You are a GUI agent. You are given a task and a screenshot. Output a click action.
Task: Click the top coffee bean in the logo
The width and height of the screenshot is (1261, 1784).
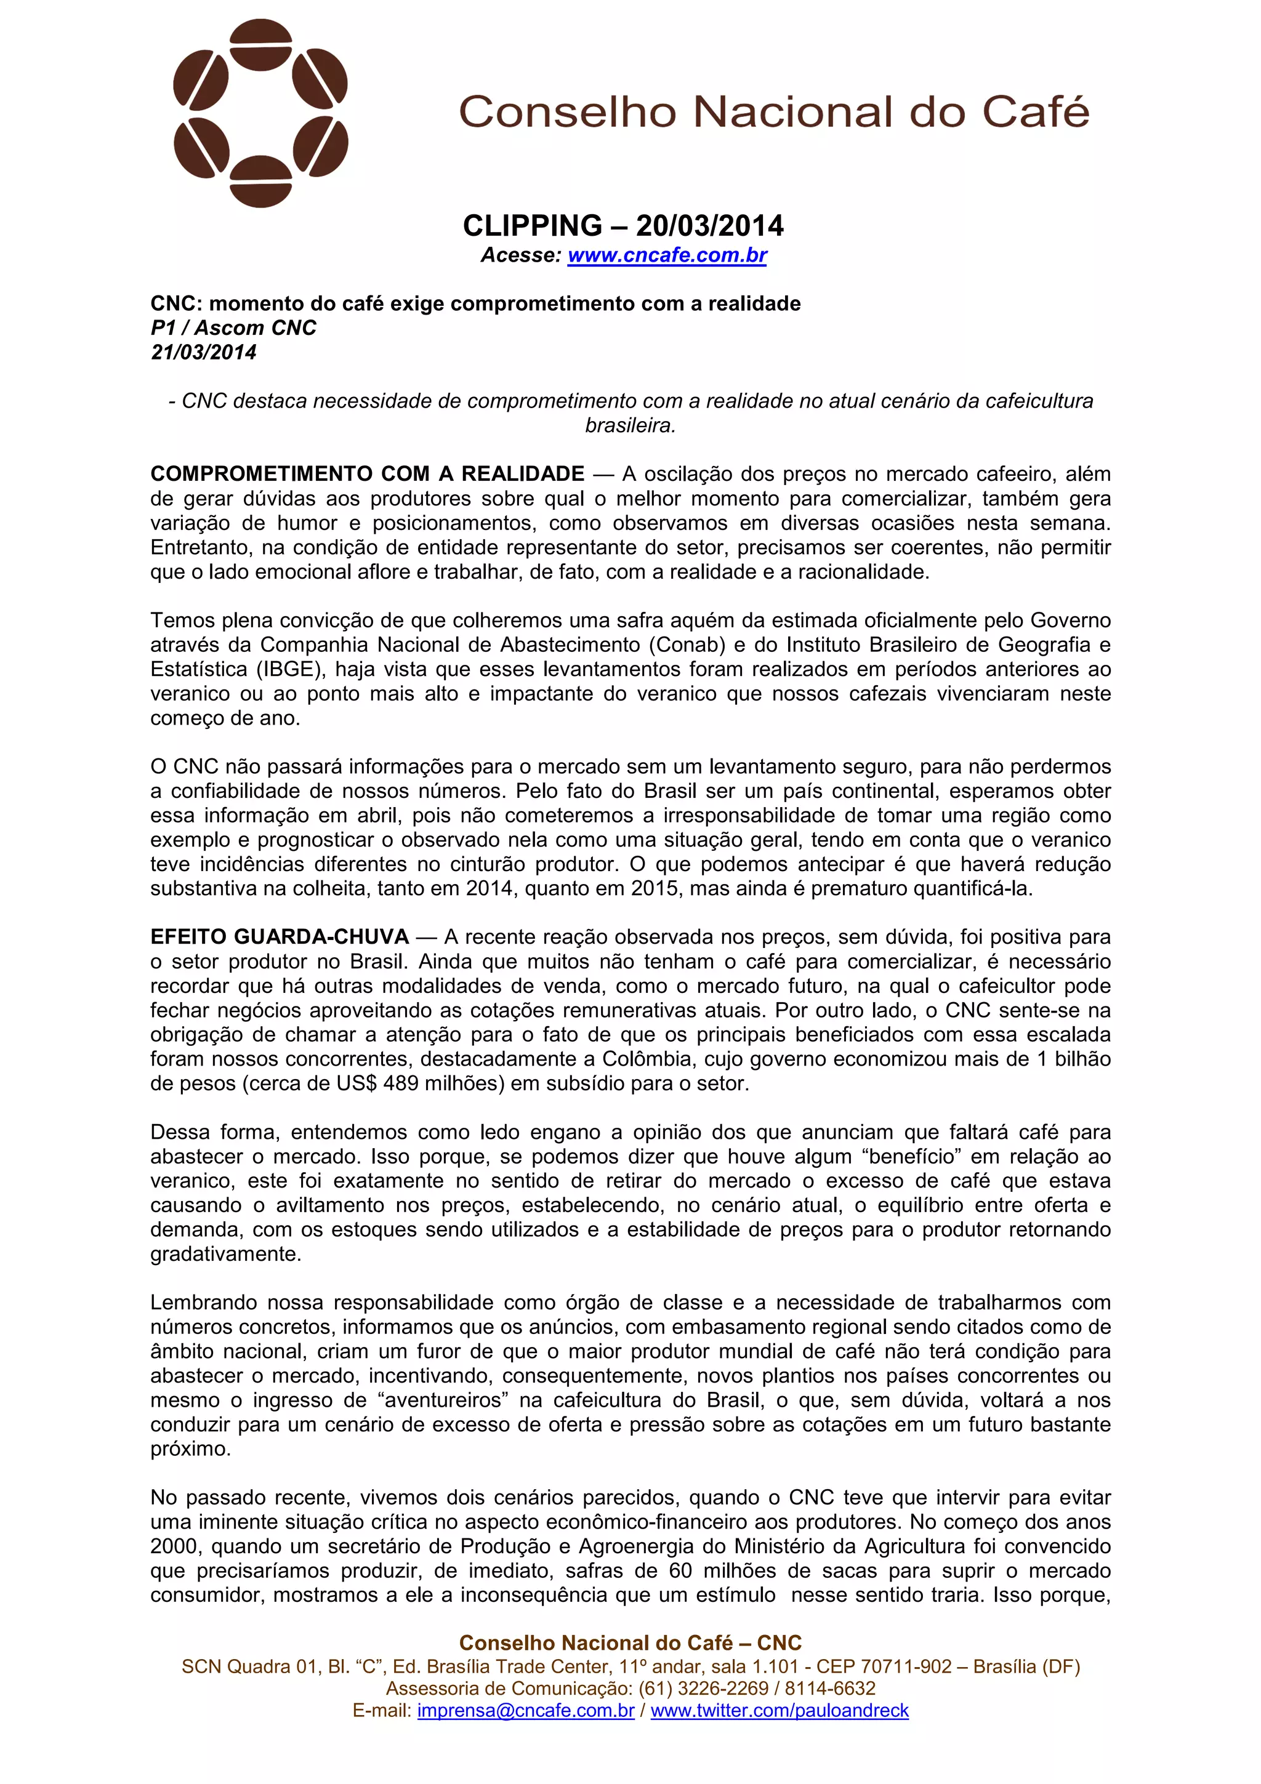coord(261,44)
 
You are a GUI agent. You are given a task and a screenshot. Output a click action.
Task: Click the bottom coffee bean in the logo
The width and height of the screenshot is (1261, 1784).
coord(261,182)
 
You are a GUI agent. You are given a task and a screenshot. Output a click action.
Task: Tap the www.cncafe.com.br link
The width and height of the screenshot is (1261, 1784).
coord(667,255)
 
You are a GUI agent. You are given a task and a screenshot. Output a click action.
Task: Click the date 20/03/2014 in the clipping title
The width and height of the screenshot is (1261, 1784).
coord(709,226)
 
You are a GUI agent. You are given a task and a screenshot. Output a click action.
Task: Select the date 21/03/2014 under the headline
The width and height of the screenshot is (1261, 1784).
coord(204,352)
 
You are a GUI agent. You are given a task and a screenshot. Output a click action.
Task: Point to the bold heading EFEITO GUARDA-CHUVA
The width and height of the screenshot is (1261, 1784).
coord(280,937)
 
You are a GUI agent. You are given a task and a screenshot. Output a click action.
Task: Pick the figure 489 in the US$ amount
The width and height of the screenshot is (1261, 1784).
coord(401,1083)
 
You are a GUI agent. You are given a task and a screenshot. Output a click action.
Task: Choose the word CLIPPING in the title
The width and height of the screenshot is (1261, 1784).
coord(532,226)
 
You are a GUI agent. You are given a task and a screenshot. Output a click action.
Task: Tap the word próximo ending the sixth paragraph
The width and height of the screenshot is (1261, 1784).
coord(190,1449)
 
